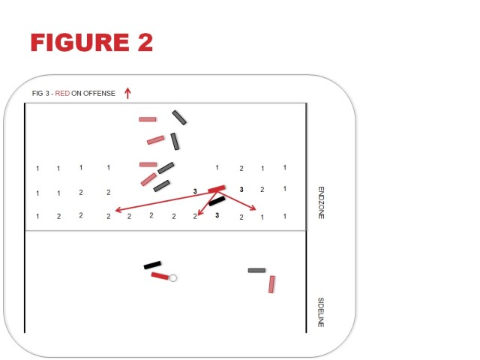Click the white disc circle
(172, 278)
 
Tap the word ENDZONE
(321, 202)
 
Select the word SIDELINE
(321, 312)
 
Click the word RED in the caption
(62, 93)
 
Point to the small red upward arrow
(127, 93)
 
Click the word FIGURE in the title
(80, 42)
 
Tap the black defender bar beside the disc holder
(152, 265)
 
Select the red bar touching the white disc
(160, 276)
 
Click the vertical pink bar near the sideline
(271, 284)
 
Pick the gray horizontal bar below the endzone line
(256, 270)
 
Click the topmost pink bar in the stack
(148, 119)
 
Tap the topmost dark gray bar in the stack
(179, 118)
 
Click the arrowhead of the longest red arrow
(118, 210)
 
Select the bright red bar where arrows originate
(217, 189)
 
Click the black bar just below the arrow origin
(217, 201)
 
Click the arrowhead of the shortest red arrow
(199, 213)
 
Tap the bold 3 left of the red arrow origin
(195, 191)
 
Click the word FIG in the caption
(37, 93)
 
